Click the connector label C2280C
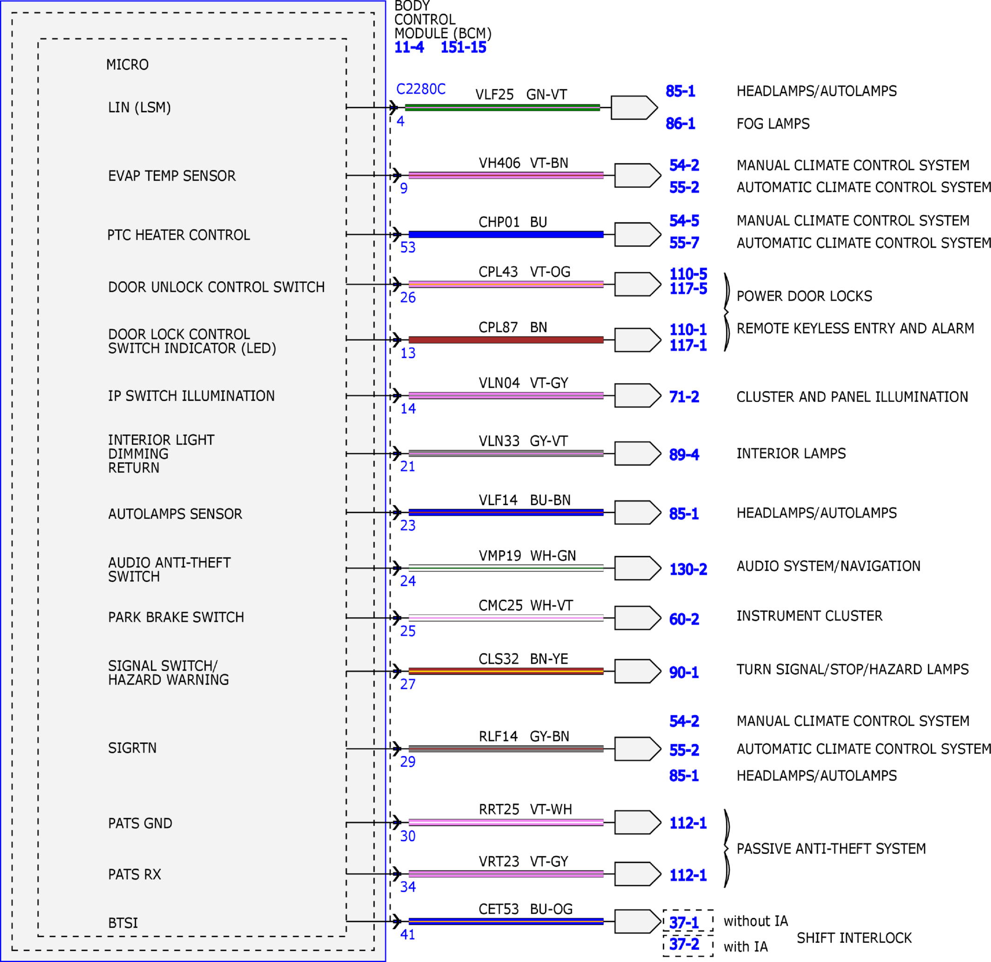pyautogui.click(x=421, y=89)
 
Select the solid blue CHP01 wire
pyautogui.click(x=506, y=234)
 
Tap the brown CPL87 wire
pyautogui.click(x=506, y=340)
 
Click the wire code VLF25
pyautogui.click(x=494, y=94)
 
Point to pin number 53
pyautogui.click(x=408, y=247)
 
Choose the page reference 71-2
pyautogui.click(x=684, y=397)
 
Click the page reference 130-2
pyautogui.click(x=688, y=570)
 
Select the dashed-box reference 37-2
pyautogui.click(x=684, y=944)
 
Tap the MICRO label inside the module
pyautogui.click(x=127, y=65)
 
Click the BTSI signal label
pyautogui.click(x=123, y=923)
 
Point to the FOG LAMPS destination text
pyautogui.click(x=773, y=124)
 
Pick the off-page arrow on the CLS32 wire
pyautogui.click(x=637, y=671)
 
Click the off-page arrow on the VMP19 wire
pyautogui.click(x=637, y=568)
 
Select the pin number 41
pyautogui.click(x=408, y=935)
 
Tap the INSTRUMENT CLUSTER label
pyautogui.click(x=810, y=616)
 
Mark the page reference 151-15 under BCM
pyautogui.click(x=463, y=47)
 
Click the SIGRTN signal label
pyautogui.click(x=133, y=748)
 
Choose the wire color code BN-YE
pyautogui.click(x=549, y=659)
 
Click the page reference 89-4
pyautogui.click(x=684, y=455)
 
